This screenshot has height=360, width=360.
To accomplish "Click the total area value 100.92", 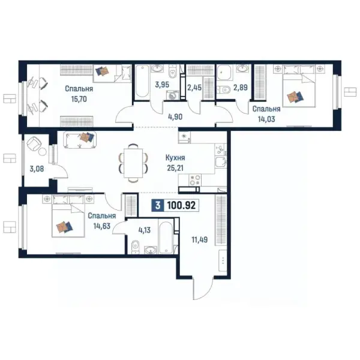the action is coord(181,205).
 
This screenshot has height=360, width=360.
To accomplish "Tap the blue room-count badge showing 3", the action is coord(158,205).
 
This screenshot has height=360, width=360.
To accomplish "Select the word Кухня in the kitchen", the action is coord(175,158).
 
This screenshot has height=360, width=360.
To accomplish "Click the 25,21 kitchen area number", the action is coord(175,168).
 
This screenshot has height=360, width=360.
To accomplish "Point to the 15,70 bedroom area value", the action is coord(79,99).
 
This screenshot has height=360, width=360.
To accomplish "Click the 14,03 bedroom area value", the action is coord(266,119).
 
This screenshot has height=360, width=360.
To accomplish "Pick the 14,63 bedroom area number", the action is coord(102,226).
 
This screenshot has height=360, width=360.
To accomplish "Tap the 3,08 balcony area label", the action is coord(37,169).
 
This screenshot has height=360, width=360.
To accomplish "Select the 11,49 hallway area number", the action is coord(200,239).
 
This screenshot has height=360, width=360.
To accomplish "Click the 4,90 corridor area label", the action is coord(175,117).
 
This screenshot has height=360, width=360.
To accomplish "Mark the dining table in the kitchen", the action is coord(133,163).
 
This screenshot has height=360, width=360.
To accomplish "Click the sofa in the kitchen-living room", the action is coord(80,140).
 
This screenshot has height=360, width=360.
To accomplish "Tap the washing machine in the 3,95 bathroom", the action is coord(173,95).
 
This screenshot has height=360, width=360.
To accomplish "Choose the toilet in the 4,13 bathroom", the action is coord(136,247).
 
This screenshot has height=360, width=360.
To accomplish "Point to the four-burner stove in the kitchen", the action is coord(195,180).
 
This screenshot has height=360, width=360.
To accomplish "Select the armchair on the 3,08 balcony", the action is coord(34,143).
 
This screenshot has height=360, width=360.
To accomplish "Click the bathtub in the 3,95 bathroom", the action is coord(142,81).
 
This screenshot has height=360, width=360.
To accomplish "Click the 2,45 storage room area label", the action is coord(194,88).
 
